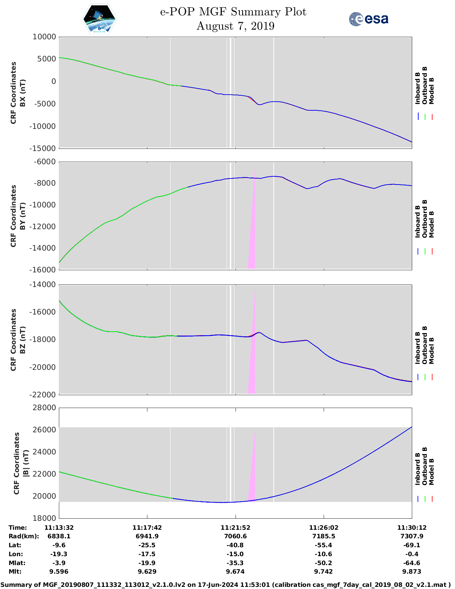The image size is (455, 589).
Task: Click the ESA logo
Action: tap(368, 19)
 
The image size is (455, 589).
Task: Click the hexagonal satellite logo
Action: tap(99, 19)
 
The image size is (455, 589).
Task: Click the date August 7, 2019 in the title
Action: tap(235, 26)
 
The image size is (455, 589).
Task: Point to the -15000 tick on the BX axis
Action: tap(44, 148)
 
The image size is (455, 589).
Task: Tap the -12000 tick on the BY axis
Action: tap(44, 227)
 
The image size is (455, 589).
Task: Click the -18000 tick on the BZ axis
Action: tap(44, 339)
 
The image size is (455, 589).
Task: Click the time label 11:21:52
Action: tap(235, 528)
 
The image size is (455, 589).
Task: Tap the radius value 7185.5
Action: tap(323, 537)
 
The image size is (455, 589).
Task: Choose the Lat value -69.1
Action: tap(411, 545)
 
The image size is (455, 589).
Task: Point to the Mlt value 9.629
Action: tap(147, 572)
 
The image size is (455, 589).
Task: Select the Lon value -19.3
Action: tap(59, 554)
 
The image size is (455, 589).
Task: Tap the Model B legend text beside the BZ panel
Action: tap(431, 351)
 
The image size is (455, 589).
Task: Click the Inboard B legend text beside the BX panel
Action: tap(418, 88)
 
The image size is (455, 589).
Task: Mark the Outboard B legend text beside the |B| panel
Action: tap(425, 466)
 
